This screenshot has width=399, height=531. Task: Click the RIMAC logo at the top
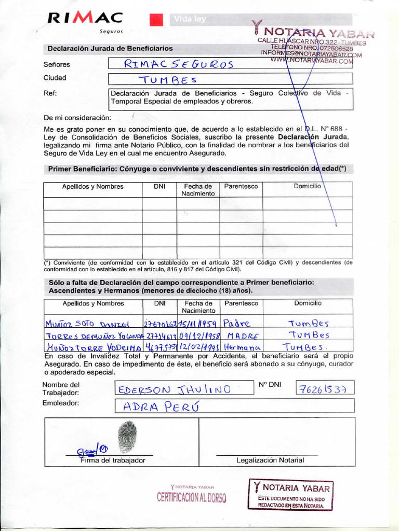point(85,19)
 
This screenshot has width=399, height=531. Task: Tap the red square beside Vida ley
point(156,20)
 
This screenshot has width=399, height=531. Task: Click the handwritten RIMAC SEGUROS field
point(179,64)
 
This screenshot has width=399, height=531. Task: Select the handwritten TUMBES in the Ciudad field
point(167,79)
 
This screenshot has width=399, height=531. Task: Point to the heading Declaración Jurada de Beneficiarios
point(110,48)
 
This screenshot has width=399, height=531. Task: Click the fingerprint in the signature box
point(127,437)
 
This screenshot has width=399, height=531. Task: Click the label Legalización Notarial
point(270,460)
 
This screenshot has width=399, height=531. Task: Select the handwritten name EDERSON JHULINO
point(174,389)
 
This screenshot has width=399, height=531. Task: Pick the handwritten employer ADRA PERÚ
point(153,407)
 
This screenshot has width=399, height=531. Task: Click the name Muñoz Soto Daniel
point(86,324)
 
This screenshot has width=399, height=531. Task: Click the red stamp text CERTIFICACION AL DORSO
point(192,498)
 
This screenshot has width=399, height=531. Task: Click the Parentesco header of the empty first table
point(241,186)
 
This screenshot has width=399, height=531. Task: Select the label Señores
point(57,65)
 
